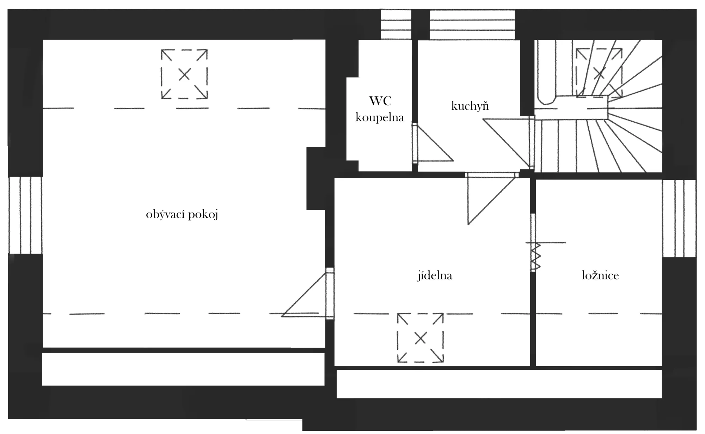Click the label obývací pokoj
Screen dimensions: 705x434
click(x=182, y=215)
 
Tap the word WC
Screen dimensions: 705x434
click(x=380, y=101)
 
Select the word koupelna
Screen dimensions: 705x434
click(x=380, y=118)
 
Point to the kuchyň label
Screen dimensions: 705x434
click(x=470, y=106)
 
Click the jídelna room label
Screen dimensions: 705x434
click(x=435, y=276)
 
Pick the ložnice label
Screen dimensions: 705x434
click(x=600, y=276)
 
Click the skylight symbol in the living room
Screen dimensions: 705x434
click(x=184, y=74)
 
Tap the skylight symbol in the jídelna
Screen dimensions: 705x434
click(x=420, y=338)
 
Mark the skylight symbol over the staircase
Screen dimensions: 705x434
click(x=599, y=73)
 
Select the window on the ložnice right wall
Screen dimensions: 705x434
click(x=679, y=219)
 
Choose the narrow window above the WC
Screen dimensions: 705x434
click(x=396, y=24)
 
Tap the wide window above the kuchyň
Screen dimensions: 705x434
click(x=472, y=24)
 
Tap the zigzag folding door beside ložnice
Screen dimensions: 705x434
click(x=535, y=257)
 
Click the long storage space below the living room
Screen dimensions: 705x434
click(x=183, y=369)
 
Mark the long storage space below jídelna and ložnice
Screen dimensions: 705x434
click(x=499, y=384)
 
